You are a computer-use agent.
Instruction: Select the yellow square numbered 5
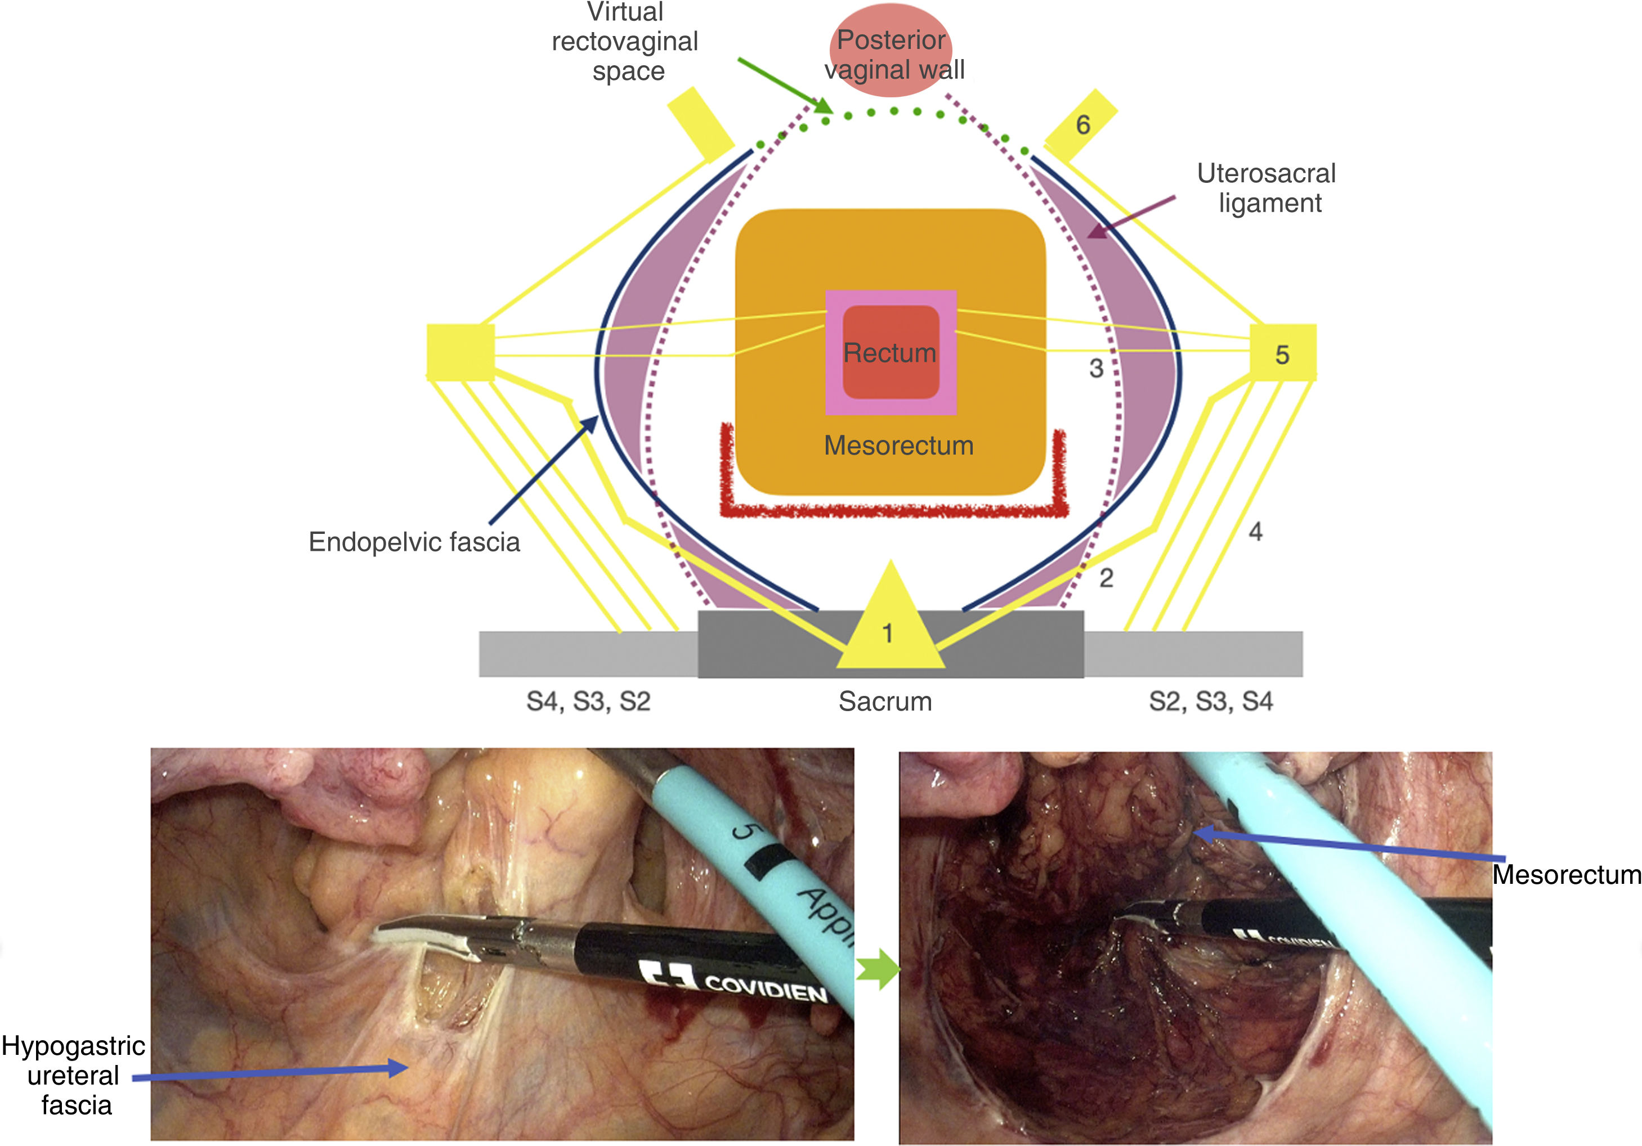click(1282, 353)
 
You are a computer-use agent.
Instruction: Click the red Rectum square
click(891, 352)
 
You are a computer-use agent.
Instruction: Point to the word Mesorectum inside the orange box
click(898, 446)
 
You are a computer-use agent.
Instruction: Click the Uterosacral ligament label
click(1266, 188)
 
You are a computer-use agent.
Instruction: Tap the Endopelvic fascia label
click(414, 542)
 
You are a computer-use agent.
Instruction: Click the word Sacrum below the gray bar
click(885, 702)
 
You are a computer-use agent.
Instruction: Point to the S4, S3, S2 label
click(588, 702)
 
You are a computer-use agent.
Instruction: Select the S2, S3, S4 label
click(1210, 702)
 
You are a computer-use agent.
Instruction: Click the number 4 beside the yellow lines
click(1255, 531)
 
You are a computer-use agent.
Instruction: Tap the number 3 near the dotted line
click(1095, 368)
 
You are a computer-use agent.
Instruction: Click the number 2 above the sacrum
click(1106, 578)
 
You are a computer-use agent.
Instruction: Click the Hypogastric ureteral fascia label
click(74, 1075)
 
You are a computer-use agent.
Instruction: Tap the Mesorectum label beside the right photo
click(1566, 874)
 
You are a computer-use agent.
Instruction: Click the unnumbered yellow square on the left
click(460, 352)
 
